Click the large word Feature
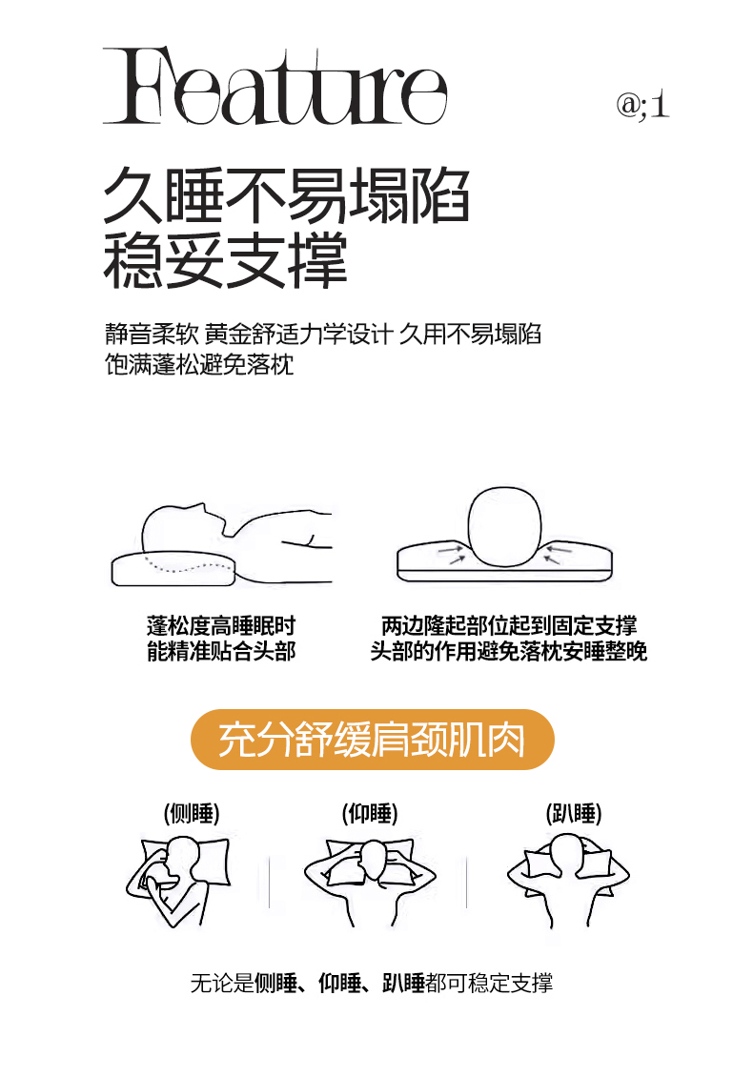275,86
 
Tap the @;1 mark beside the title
642,105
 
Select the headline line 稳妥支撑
225,260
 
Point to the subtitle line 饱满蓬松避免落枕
199,364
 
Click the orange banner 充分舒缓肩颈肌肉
373,739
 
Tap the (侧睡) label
192,813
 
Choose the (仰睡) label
370,813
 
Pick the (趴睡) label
574,813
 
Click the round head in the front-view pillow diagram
504,527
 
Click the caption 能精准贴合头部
221,650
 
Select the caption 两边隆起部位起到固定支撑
509,625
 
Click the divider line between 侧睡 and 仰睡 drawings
270,882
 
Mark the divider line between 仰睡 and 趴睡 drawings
466,882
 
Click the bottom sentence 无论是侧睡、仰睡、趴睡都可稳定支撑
372,983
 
